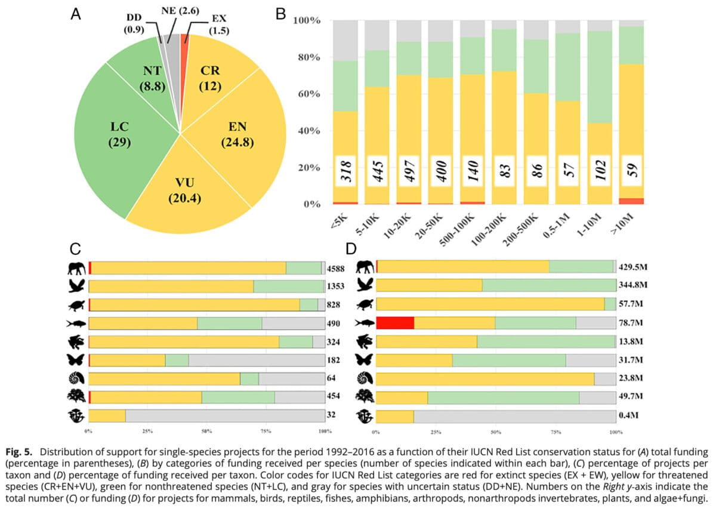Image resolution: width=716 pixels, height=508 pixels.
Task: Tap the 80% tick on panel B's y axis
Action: pos(310,58)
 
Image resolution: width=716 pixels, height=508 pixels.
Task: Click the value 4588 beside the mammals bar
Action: pos(336,269)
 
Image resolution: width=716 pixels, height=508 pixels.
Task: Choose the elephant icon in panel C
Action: pos(78,269)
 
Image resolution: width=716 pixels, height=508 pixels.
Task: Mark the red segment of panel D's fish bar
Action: pos(396,323)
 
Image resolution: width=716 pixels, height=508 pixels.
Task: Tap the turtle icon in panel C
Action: pos(78,305)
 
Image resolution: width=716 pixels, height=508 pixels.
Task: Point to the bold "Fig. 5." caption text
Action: pos(19,451)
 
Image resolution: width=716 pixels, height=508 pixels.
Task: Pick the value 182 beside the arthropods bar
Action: pos(333,360)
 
